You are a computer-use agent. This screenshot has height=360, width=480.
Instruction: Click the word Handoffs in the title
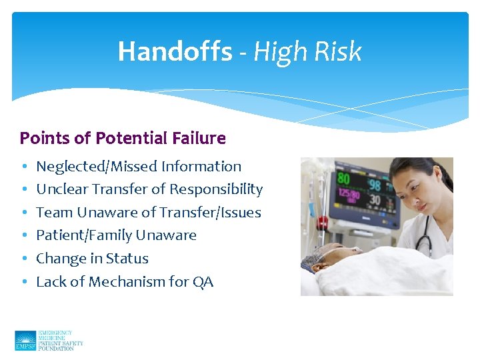pos(175,51)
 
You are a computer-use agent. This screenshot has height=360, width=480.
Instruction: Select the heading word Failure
pos(199,139)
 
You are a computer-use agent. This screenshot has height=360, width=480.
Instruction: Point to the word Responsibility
pos(216,189)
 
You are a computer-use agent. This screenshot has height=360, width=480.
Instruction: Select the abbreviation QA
pos(203,282)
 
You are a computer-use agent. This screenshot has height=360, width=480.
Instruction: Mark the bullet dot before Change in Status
pos(23,259)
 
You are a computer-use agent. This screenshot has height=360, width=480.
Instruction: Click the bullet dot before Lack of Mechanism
pos(23,282)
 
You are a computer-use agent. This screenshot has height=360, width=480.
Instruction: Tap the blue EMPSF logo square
pos(25,341)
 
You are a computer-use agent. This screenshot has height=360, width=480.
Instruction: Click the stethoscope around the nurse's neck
pos(427,230)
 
